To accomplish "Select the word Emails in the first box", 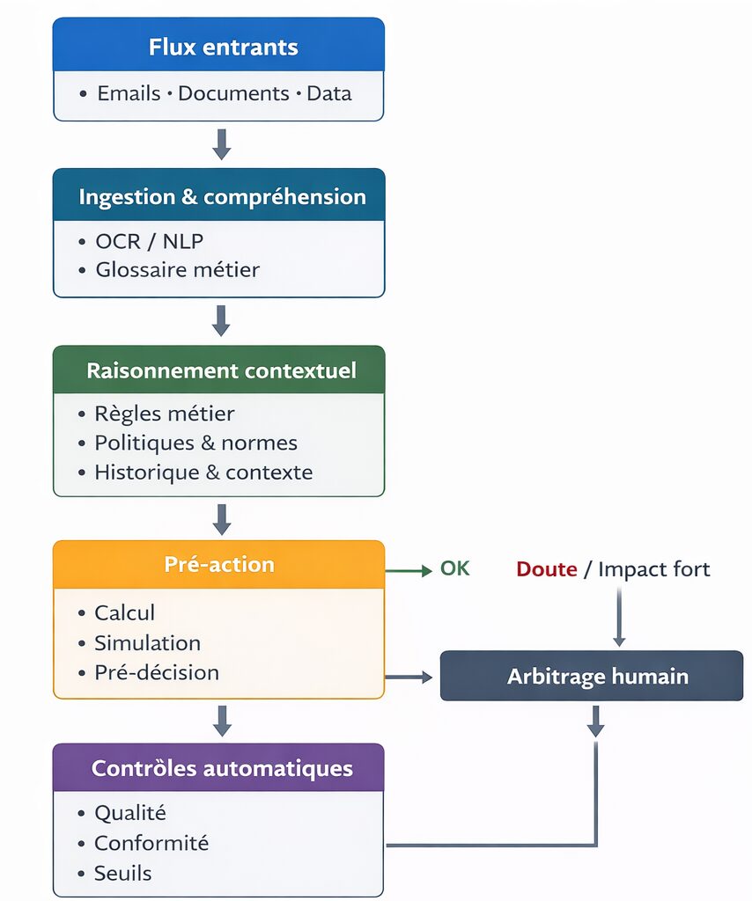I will (129, 93).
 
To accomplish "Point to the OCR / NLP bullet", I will (149, 241).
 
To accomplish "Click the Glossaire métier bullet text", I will (177, 269).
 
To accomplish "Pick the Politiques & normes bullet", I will (195, 443).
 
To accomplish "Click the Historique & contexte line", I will (203, 472).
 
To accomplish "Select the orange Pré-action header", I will (218, 564).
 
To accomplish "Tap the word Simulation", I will (147, 642).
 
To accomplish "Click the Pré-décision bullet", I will (156, 672).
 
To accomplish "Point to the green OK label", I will (455, 568).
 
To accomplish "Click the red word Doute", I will (546, 569).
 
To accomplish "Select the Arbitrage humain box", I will (592, 676).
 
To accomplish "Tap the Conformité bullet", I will (151, 843).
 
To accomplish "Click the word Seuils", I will (122, 873).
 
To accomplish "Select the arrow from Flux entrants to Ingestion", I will (222, 144).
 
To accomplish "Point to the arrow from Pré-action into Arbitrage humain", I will (409, 677).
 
